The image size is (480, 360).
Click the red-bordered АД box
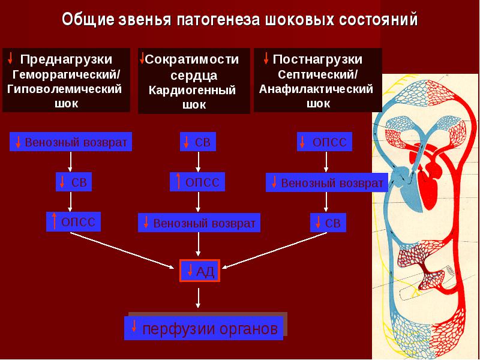click(x=200, y=271)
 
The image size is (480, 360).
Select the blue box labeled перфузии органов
click(x=203, y=328)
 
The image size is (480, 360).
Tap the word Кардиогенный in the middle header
click(x=192, y=91)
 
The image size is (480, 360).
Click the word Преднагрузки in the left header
click(x=67, y=59)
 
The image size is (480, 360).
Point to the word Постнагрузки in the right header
click(x=317, y=59)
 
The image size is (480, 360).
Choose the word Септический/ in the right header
click(x=317, y=74)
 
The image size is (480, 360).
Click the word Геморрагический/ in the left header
click(x=67, y=74)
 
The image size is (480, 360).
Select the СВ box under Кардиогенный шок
click(x=198, y=142)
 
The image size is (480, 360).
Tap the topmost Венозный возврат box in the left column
click(x=71, y=142)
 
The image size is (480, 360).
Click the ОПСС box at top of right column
click(x=325, y=142)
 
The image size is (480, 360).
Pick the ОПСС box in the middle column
click(x=197, y=182)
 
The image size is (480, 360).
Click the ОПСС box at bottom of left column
click(x=73, y=221)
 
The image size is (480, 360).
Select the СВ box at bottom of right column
click(x=328, y=223)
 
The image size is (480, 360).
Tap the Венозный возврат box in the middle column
click(x=199, y=223)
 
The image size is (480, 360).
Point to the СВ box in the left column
click(x=74, y=182)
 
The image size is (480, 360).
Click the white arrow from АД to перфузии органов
click(x=198, y=298)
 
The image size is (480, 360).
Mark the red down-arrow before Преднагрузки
click(x=10, y=58)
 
